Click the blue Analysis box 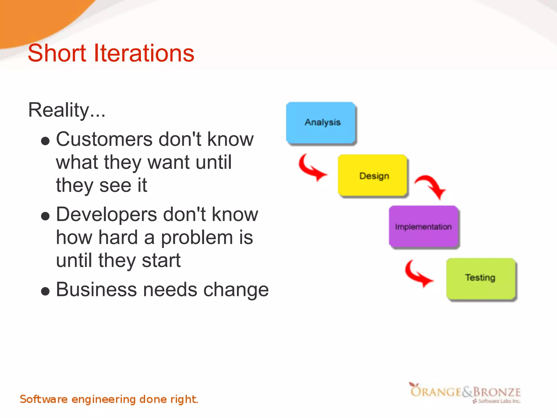tap(321, 122)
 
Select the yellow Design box tap(373, 175)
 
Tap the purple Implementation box tap(424, 226)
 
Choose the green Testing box tap(481, 278)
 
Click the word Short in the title tap(57, 53)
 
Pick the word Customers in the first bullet tap(104, 139)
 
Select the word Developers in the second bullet tap(106, 214)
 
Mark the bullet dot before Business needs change tap(45, 291)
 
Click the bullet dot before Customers tap(45, 141)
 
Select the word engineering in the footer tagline tap(103, 399)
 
